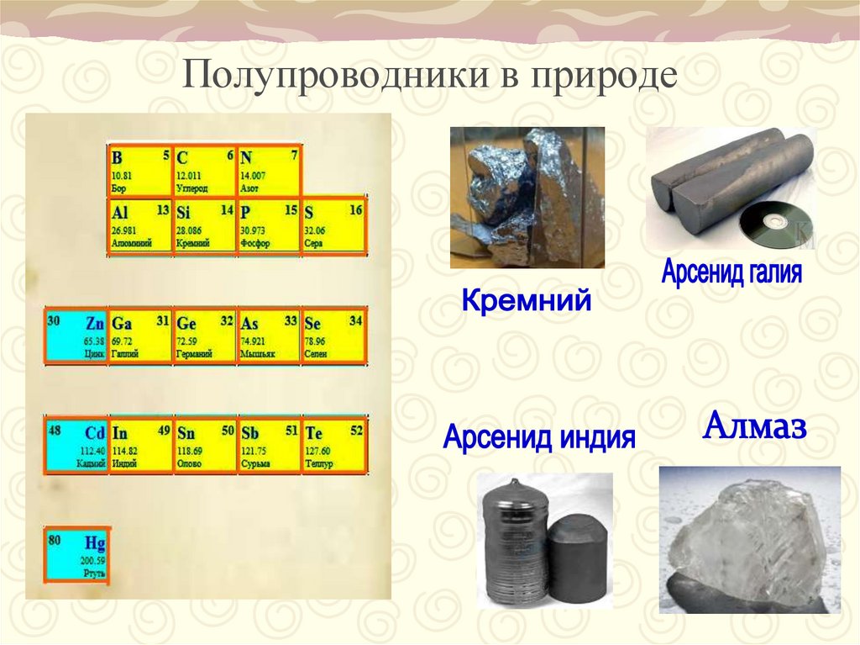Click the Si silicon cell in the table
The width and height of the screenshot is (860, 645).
pyautogui.click(x=204, y=225)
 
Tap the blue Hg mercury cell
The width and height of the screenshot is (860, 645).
pyautogui.click(x=76, y=555)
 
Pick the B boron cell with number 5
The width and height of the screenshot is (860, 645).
pyautogui.click(x=139, y=171)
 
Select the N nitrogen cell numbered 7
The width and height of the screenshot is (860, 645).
pyautogui.click(x=269, y=171)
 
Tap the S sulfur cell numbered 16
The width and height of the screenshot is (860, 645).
pyautogui.click(x=333, y=225)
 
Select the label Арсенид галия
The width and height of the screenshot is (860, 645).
pyautogui.click(x=732, y=272)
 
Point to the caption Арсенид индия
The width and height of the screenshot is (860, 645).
pyautogui.click(x=539, y=438)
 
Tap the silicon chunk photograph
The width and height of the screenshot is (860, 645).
pyautogui.click(x=527, y=197)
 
